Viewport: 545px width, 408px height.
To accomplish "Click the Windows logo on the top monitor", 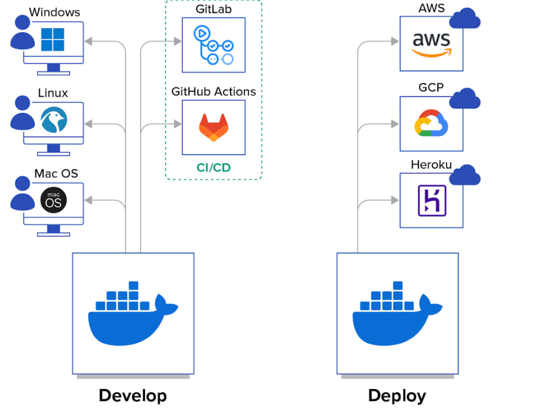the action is pos(52,40).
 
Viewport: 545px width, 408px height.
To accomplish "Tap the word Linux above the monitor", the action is pos(53,93).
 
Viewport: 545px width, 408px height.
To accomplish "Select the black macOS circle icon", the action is pos(53,200).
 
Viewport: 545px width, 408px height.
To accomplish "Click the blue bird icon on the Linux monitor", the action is pos(54,120).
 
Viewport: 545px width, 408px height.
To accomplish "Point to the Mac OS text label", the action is pos(56,174).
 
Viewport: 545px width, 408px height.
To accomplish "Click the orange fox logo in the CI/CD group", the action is pos(214,127).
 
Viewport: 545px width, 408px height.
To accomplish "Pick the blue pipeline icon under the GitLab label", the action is pos(214,45).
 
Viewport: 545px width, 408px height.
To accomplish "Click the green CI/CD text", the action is pos(214,168).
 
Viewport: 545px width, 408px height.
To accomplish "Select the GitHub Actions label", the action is pos(214,91).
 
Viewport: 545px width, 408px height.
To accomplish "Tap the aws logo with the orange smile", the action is pos(431,45).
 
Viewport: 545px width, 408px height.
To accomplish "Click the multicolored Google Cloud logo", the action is pos(431,123).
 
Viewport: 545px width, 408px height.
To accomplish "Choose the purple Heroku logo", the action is pos(432,201).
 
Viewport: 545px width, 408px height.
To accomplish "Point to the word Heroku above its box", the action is pos(431,164).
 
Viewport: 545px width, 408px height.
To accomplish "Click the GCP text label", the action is pos(431,87).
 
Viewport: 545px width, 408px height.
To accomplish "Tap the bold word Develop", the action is pos(133,396).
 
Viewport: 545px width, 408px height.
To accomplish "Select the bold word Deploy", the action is pos(397,396).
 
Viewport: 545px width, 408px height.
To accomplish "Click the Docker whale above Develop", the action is pos(133,314).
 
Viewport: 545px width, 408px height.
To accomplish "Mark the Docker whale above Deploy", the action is pos(397,314).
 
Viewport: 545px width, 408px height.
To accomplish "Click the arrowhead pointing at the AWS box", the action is pos(395,41).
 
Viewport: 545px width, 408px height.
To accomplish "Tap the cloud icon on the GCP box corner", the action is pos(465,98).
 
